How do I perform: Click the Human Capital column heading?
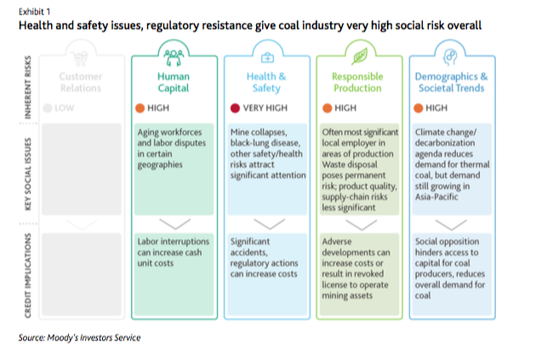(175, 82)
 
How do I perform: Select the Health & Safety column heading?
(266, 82)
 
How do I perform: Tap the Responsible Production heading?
(357, 82)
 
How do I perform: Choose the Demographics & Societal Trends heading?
(451, 82)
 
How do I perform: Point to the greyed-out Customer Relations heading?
(82, 82)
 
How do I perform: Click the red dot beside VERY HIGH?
(236, 108)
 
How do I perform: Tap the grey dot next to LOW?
(48, 108)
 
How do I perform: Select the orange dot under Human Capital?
(141, 108)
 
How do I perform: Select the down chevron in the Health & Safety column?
(266, 224)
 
